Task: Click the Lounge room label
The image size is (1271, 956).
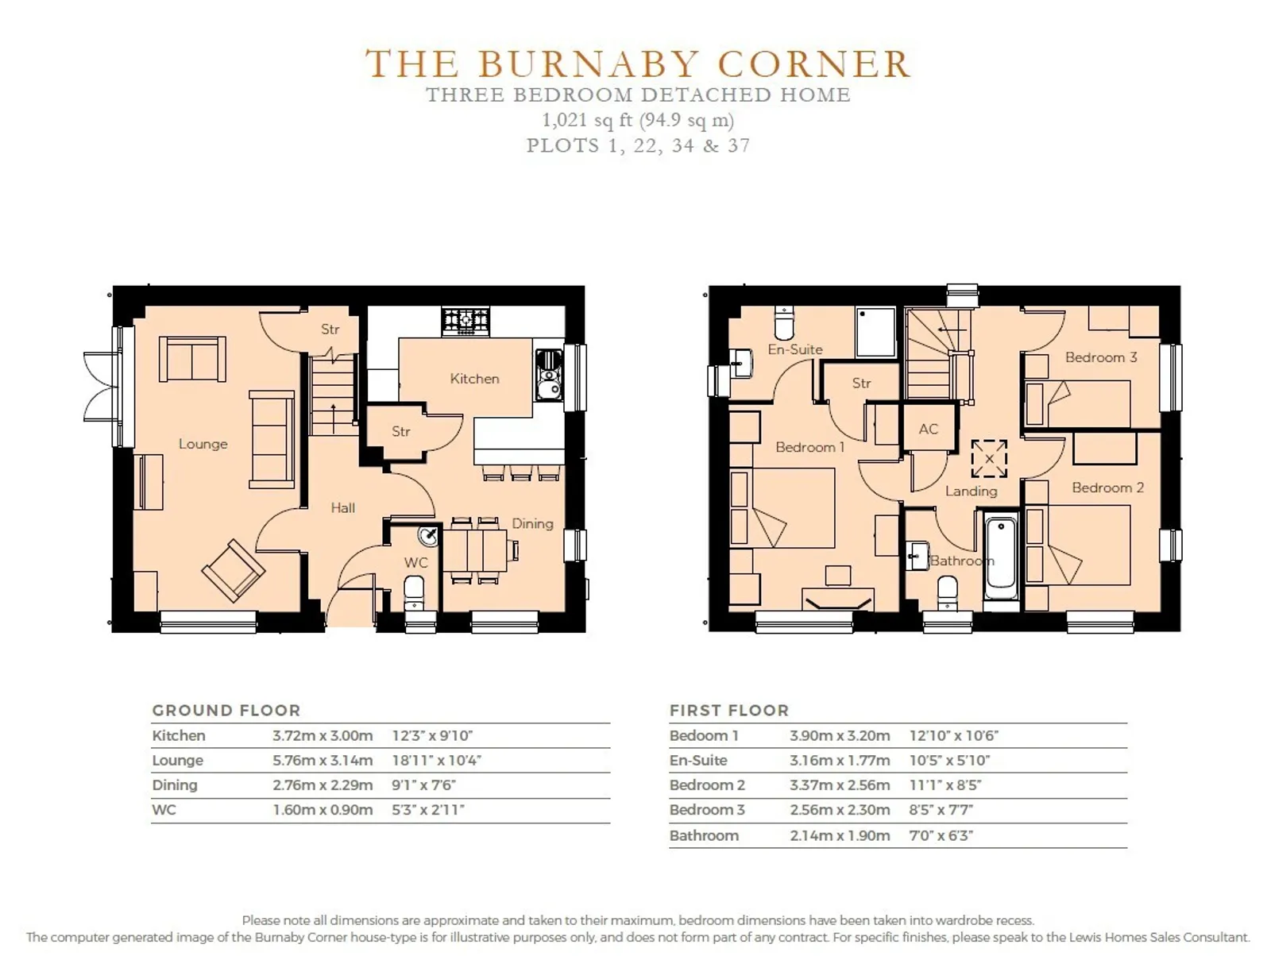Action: click(203, 444)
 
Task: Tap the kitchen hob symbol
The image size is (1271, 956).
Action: click(465, 321)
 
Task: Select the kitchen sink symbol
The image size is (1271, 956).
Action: click(548, 375)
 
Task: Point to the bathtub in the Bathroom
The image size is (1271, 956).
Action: click(1001, 560)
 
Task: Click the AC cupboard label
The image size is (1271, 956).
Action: click(928, 429)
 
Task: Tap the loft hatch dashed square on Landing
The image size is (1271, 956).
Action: click(989, 459)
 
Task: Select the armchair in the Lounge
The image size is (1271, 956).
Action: click(234, 571)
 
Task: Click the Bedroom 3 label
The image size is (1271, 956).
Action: click(1101, 357)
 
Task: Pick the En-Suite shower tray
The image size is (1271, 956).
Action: click(875, 332)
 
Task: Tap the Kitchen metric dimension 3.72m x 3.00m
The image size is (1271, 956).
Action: click(323, 735)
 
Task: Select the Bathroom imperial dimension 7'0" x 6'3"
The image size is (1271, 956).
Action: click(941, 835)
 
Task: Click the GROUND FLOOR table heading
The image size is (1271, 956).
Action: click(226, 710)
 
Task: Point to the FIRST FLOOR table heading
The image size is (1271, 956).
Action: click(729, 710)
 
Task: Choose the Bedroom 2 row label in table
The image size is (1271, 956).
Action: click(707, 784)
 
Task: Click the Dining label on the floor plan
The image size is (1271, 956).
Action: click(532, 524)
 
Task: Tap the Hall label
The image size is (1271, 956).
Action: click(343, 507)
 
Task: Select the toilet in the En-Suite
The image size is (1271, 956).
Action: click(784, 323)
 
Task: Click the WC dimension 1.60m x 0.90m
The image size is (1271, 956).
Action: click(323, 810)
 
